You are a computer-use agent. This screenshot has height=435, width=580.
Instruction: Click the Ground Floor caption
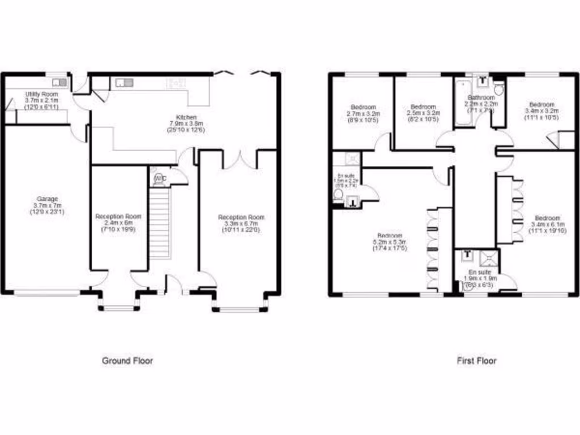click(x=127, y=360)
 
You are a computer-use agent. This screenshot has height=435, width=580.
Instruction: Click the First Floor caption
click(x=476, y=360)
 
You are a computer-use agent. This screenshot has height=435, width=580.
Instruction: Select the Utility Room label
click(x=41, y=100)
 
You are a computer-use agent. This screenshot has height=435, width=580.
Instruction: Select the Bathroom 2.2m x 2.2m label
click(x=481, y=104)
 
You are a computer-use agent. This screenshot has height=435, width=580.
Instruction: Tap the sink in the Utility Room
click(x=59, y=83)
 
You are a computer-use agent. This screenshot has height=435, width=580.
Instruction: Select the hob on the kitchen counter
click(x=175, y=83)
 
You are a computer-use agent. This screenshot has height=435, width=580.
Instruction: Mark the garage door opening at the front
click(x=47, y=293)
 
